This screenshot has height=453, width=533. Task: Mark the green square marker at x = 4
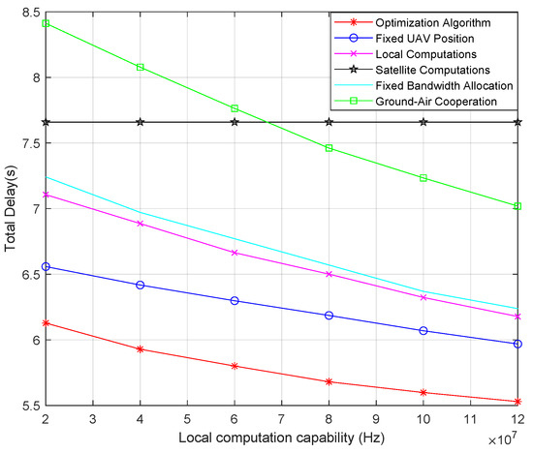coord(141,68)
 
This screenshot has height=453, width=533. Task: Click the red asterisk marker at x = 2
coord(47,323)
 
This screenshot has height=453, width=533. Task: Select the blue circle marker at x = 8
coord(329,316)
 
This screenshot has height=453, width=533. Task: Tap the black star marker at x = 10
coord(423,122)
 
